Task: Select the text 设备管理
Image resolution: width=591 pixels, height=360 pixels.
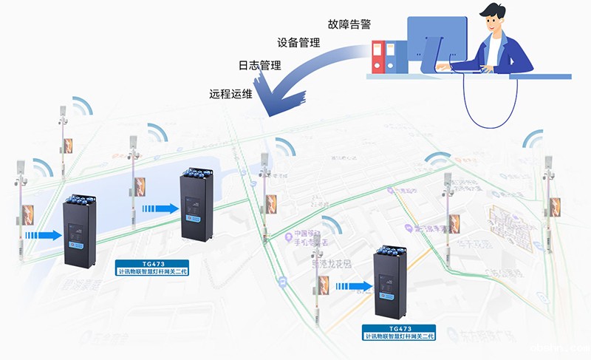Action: [298, 43]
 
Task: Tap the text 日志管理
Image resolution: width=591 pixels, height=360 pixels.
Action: [259, 66]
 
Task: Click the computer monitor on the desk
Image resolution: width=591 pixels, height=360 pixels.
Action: [437, 44]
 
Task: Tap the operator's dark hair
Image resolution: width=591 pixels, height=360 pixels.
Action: [491, 15]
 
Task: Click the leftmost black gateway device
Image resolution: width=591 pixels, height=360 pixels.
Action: [79, 230]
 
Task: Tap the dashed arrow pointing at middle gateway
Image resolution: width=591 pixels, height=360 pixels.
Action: [162, 209]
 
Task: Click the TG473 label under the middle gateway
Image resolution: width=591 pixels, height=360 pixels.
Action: [154, 267]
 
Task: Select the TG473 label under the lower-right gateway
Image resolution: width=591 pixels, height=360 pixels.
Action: [400, 332]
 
